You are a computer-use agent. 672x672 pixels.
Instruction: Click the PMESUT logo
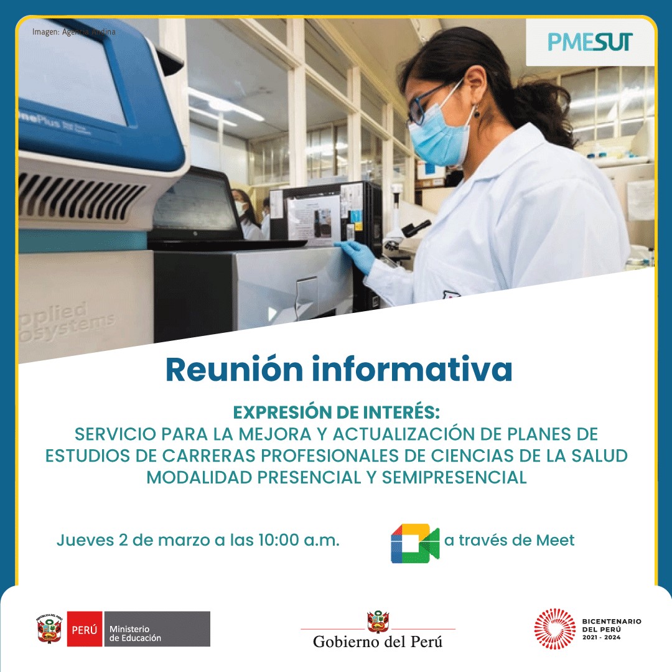coord(590,42)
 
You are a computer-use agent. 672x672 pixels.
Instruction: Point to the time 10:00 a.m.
coord(299,540)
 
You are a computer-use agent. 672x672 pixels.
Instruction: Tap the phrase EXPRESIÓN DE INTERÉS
coord(336,413)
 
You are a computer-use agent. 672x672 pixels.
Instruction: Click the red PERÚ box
coord(85,629)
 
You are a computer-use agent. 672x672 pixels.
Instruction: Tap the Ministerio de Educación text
coord(135,633)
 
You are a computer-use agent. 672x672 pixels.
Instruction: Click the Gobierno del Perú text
coord(378,642)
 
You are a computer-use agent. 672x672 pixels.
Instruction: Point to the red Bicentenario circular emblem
coord(554,628)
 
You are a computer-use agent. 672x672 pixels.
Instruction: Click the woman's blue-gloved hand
coord(357,254)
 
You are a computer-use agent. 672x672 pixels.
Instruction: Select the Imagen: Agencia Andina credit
coord(73,32)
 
